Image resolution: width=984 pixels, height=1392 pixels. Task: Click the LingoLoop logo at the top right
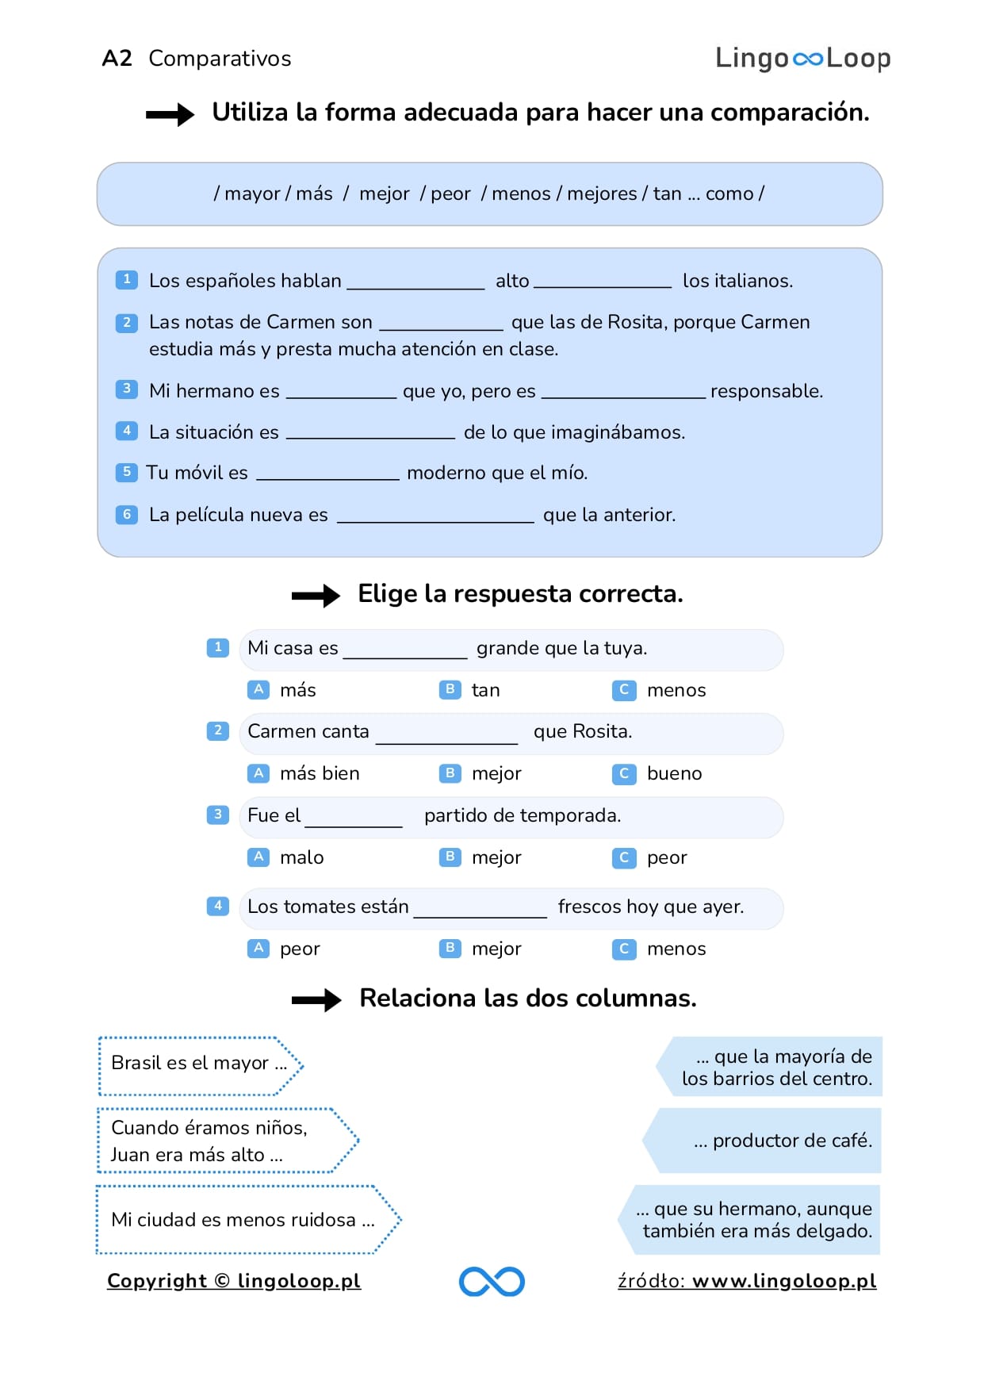coord(802,58)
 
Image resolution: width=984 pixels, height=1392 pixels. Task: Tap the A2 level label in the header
coord(117,58)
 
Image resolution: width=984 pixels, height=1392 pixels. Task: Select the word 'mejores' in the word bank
coord(602,194)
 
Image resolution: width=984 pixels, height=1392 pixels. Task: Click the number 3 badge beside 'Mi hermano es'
coord(126,389)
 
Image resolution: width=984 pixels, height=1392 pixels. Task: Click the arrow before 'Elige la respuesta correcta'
coord(315,596)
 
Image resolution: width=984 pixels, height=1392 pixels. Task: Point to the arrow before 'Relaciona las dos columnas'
coord(316,999)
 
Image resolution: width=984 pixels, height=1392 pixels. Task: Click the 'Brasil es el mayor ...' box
coord(199,1064)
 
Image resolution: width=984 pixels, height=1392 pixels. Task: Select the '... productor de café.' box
coord(765,1141)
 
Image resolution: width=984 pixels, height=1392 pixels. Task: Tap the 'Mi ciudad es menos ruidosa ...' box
coord(246,1220)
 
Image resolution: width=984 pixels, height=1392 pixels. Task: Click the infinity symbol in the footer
coord(492,1281)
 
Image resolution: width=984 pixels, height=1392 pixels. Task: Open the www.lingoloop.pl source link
coord(783,1281)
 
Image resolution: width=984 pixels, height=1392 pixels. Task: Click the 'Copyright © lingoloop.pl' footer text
coord(234,1281)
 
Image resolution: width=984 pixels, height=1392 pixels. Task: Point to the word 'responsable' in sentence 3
coord(766,391)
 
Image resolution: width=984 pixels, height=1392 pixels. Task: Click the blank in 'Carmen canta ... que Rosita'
coord(446,733)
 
